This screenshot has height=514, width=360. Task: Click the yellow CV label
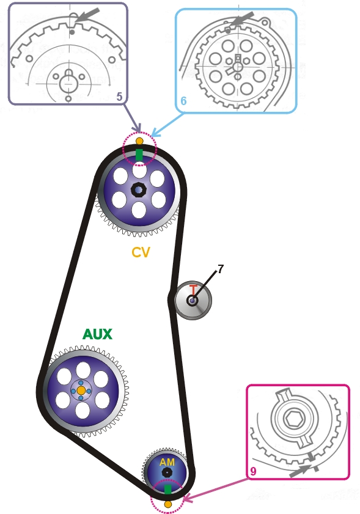pyautogui.click(x=141, y=252)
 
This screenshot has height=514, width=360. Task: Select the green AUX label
pyautogui.click(x=97, y=334)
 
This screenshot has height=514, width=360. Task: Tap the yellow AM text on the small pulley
pyautogui.click(x=167, y=462)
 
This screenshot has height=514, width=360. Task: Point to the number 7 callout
pyautogui.click(x=220, y=269)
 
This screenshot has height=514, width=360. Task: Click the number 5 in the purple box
pyautogui.click(x=119, y=97)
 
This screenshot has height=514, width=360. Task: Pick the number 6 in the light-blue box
pyautogui.click(x=183, y=101)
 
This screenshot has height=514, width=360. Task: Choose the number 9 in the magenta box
pyautogui.click(x=253, y=471)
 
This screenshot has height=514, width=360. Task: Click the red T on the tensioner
pyautogui.click(x=193, y=290)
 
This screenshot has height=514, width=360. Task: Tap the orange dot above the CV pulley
pyautogui.click(x=139, y=141)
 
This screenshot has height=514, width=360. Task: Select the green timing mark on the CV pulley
pyautogui.click(x=139, y=155)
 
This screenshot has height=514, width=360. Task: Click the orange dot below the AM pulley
pyautogui.click(x=168, y=504)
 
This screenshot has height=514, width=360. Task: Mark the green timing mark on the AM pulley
pyautogui.click(x=167, y=489)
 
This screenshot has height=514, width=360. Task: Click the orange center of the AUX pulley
pyautogui.click(x=81, y=391)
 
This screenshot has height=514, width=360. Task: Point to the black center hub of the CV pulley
pyautogui.click(x=138, y=190)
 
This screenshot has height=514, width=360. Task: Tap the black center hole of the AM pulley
pyautogui.click(x=167, y=472)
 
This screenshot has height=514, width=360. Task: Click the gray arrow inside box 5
pyautogui.click(x=87, y=15)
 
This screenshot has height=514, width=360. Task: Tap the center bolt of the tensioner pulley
pyautogui.click(x=192, y=300)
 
